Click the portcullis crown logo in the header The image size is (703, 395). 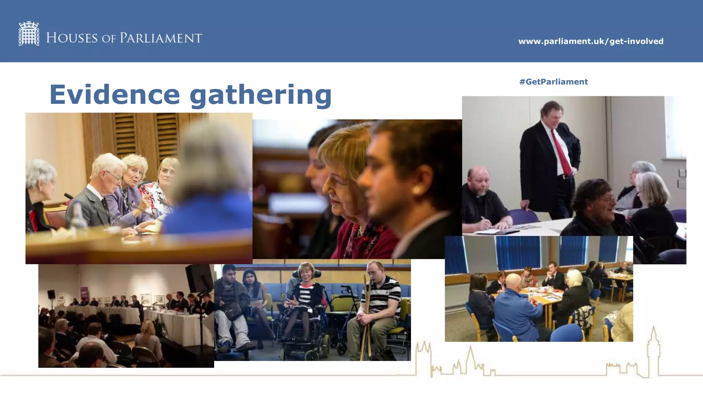(x=29, y=34)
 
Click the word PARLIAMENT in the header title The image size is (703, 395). (x=161, y=38)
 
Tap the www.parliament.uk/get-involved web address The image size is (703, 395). (x=590, y=41)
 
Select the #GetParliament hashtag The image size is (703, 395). (x=553, y=82)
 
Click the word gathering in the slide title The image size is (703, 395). (x=261, y=95)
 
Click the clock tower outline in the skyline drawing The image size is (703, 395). (x=653, y=350)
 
